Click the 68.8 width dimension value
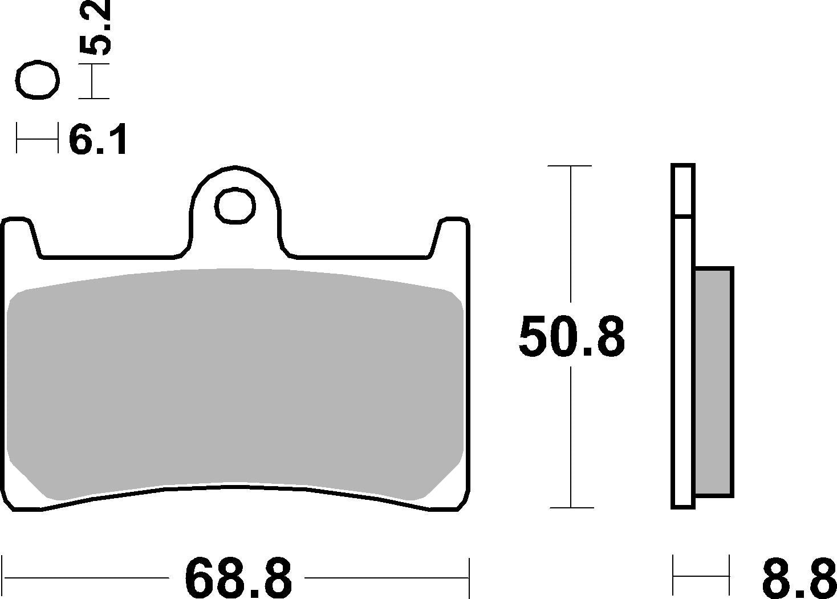tap(238, 577)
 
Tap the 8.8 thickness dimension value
tap(799, 577)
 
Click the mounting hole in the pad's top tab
tap(235, 205)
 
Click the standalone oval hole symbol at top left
tap(38, 80)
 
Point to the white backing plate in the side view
tap(682, 365)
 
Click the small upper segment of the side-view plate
tap(682, 190)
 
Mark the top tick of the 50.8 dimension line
tap(570, 166)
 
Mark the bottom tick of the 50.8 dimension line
tap(570, 507)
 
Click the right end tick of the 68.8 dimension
tap(469, 577)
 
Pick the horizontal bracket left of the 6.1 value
tap(37, 137)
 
